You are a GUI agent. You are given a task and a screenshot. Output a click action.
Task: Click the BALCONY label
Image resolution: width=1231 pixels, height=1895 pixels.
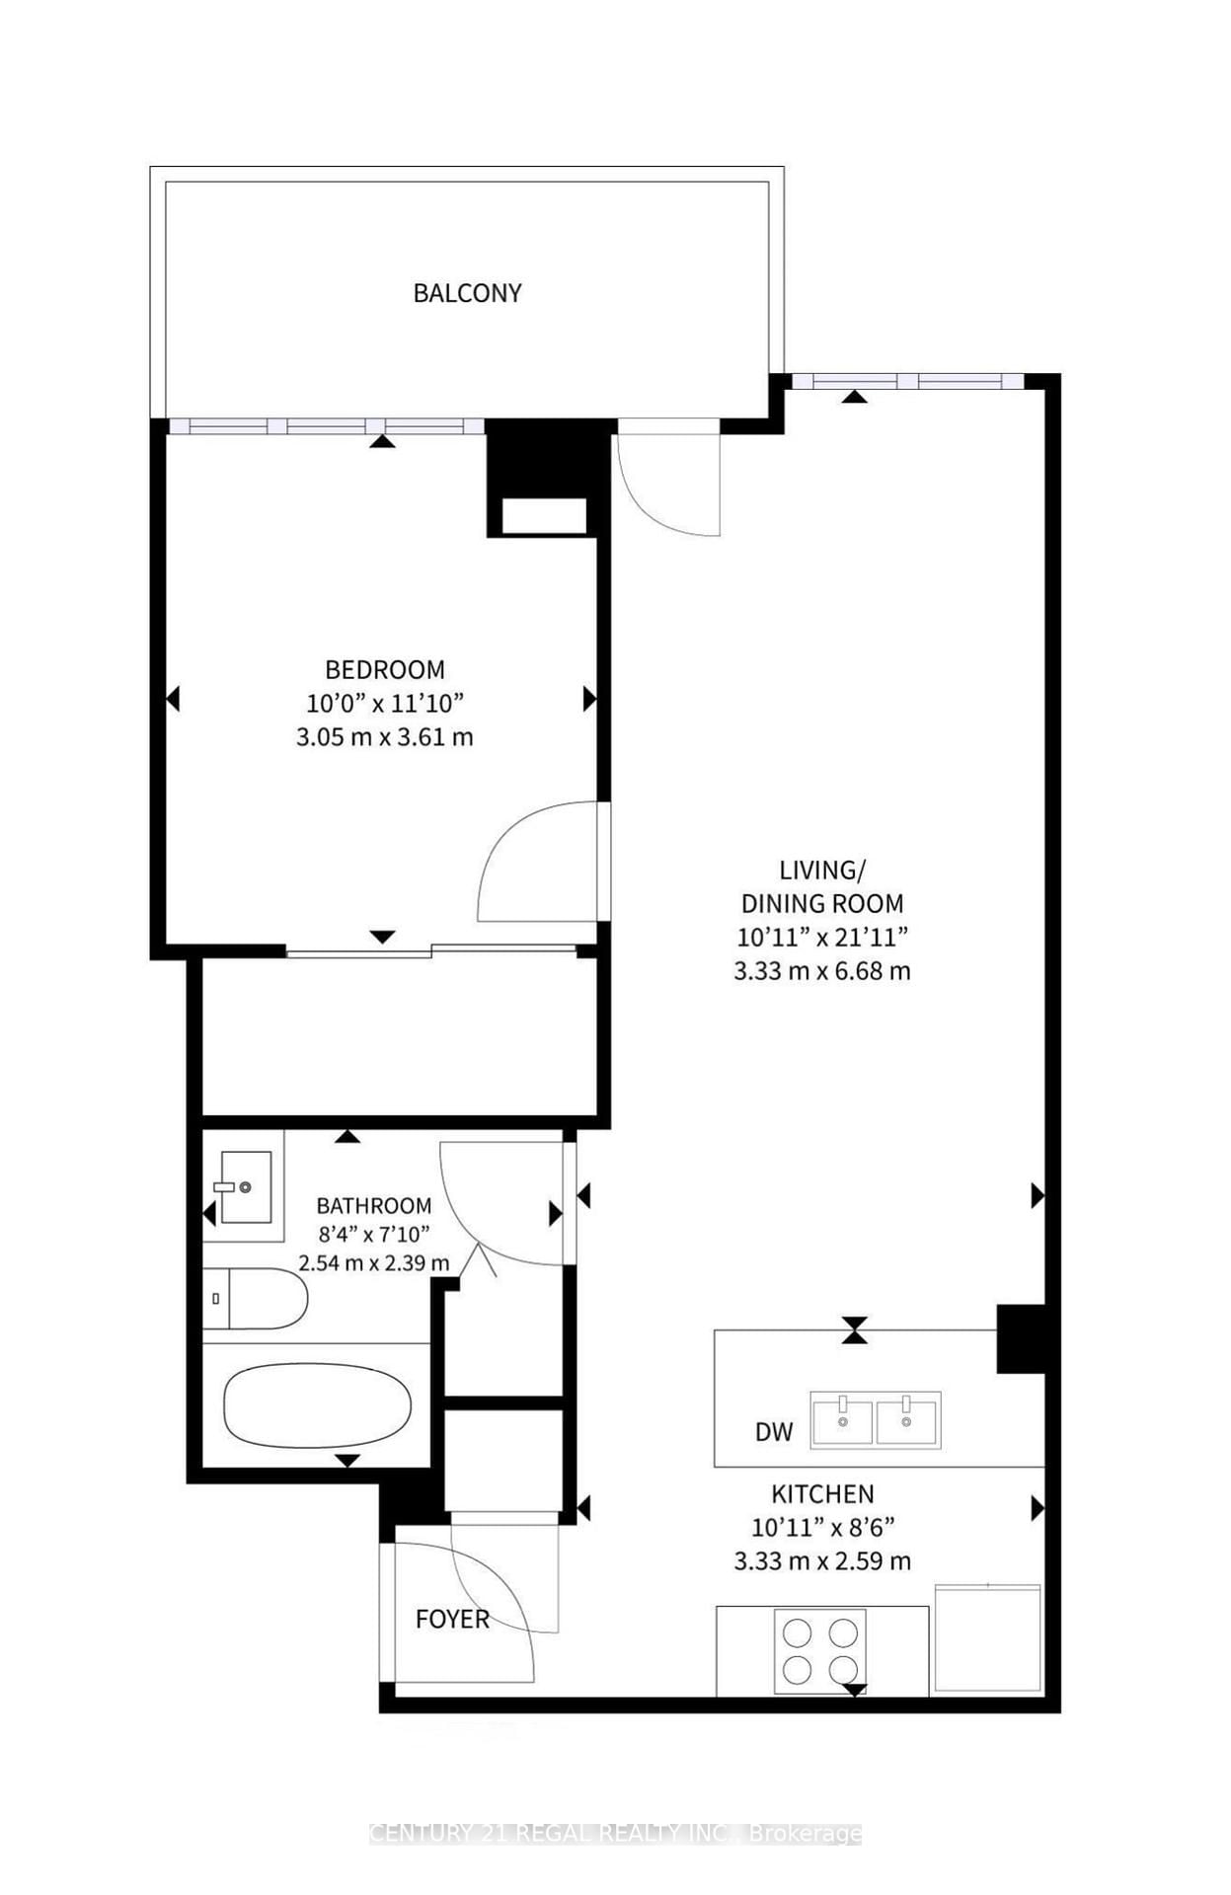[x=467, y=293]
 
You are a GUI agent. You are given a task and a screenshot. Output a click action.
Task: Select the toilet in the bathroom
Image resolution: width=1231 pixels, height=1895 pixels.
[x=258, y=1299]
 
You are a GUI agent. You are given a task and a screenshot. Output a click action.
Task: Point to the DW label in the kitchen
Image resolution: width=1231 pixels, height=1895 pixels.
[x=774, y=1432]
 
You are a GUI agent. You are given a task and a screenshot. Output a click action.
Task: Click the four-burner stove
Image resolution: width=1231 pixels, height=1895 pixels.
[x=819, y=1651]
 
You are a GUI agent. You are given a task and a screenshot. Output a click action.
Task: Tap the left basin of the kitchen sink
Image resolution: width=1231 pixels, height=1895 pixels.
[x=842, y=1420]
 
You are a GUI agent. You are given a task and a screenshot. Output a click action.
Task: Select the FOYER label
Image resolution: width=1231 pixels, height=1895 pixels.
[x=452, y=1620]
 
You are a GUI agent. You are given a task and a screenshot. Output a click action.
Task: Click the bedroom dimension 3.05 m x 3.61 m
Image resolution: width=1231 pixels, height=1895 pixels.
[x=385, y=737]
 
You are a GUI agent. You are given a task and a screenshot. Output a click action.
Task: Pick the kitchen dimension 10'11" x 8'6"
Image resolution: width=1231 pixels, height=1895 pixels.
[x=822, y=1528]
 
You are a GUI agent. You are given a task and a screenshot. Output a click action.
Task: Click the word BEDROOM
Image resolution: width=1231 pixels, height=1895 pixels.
[x=385, y=670]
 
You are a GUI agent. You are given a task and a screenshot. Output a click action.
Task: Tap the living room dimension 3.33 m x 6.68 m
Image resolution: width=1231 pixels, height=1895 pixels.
[x=822, y=971]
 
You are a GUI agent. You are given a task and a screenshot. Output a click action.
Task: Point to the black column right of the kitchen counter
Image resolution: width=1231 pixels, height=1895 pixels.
[x=1020, y=1338]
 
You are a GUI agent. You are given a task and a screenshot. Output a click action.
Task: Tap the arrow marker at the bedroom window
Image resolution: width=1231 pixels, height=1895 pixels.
[x=383, y=441]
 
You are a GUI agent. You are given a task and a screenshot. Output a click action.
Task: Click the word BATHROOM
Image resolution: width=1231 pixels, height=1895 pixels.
[x=373, y=1206]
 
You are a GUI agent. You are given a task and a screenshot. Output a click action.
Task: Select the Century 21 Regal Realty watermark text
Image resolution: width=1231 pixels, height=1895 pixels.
[x=615, y=1834]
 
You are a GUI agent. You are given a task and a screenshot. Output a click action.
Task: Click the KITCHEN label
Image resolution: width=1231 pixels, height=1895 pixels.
[x=822, y=1494]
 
